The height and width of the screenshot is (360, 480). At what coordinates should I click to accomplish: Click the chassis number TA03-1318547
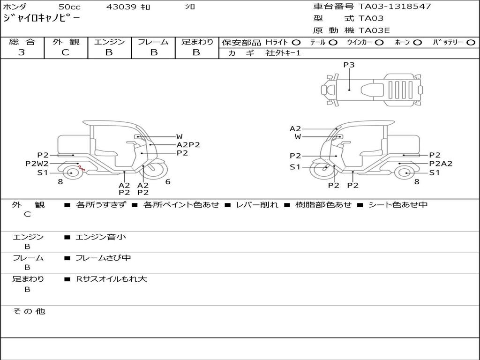pyautogui.click(x=395, y=7)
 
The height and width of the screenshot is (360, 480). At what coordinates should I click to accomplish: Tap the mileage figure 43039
pyautogui.click(x=121, y=7)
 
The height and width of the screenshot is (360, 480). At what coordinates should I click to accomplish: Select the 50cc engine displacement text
pyautogui.click(x=69, y=7)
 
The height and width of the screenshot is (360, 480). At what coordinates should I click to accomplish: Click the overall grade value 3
pyautogui.click(x=22, y=52)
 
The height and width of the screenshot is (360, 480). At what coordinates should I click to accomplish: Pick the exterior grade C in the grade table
pyautogui.click(x=65, y=52)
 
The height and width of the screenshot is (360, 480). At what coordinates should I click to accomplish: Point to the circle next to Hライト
pyautogui.click(x=296, y=43)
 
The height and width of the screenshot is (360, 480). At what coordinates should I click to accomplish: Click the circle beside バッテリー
pyautogui.click(x=471, y=43)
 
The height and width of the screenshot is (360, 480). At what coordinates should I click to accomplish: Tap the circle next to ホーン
pyautogui.click(x=417, y=43)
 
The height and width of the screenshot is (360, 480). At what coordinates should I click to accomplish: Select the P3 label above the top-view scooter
pyautogui.click(x=349, y=65)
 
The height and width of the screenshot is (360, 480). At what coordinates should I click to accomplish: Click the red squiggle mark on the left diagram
pyautogui.click(x=82, y=168)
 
